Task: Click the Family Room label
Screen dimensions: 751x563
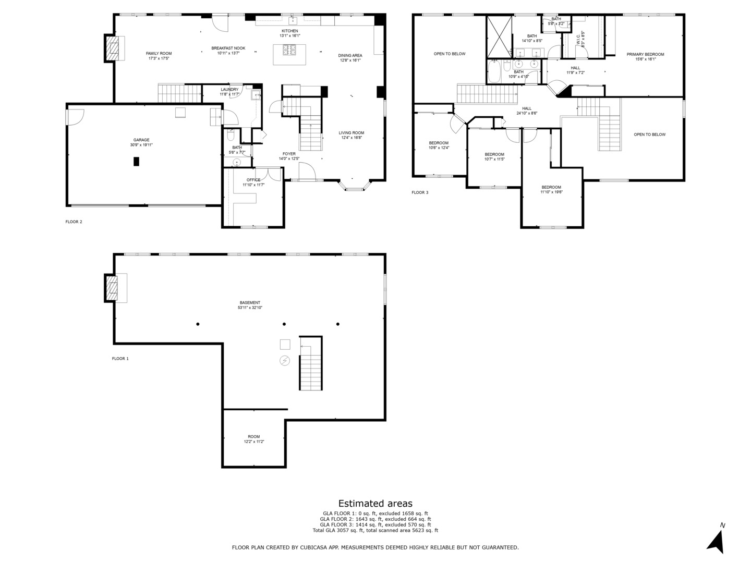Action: coord(159,53)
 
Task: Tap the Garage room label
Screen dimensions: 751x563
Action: coord(141,140)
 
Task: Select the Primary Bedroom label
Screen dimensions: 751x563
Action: coord(645,54)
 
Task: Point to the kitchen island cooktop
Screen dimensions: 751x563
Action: coord(289,50)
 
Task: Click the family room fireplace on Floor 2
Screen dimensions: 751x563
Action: coord(112,48)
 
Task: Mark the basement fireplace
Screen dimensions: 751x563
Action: coord(112,288)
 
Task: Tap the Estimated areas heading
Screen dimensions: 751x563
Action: coord(375,503)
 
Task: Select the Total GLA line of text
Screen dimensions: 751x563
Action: coord(375,531)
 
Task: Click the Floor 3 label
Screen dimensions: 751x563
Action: coord(420,192)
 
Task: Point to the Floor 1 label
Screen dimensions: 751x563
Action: coord(120,359)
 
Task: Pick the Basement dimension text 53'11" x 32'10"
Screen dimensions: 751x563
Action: coord(250,308)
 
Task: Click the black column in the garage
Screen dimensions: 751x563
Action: coord(136,162)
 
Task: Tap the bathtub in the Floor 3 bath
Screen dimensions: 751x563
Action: coord(494,71)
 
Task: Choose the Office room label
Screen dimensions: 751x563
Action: coord(253,180)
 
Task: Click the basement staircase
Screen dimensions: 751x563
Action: coord(311,363)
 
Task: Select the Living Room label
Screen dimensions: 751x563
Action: coord(352,133)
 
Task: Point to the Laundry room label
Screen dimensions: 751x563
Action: coord(229,90)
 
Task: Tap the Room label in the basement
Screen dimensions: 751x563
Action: coord(254,436)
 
